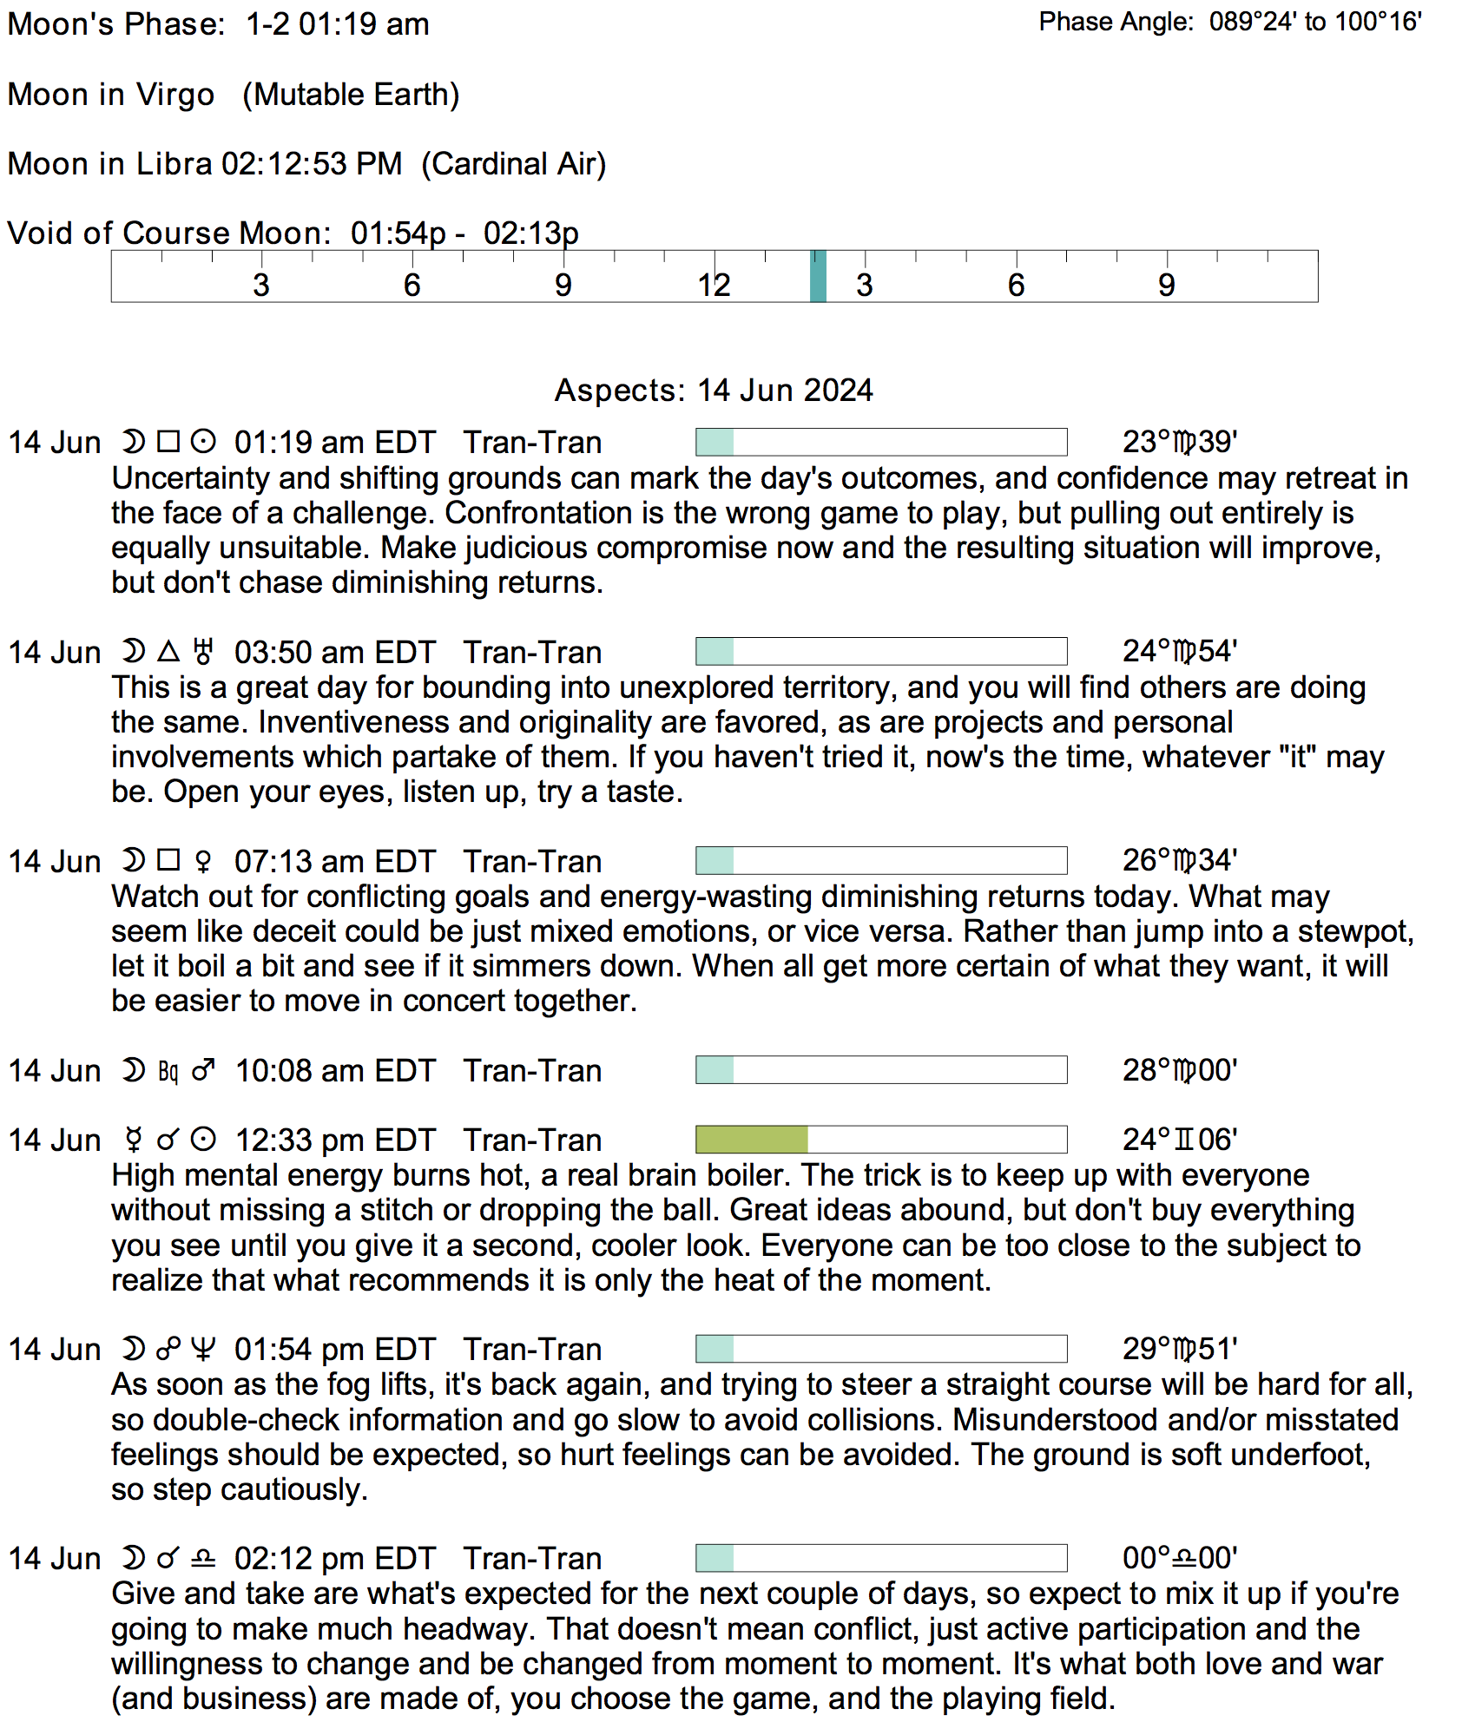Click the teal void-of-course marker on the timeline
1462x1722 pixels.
click(818, 276)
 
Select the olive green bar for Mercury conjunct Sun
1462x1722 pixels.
click(752, 1140)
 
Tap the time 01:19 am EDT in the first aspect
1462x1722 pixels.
click(334, 443)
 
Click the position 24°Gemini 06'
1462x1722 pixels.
click(1180, 1140)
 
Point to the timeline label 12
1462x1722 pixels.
click(714, 285)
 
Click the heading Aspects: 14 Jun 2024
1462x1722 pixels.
click(714, 391)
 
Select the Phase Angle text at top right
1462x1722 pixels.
click(1229, 22)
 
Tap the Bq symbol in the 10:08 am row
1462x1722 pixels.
click(168, 1072)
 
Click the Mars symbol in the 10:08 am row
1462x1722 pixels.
click(203, 1070)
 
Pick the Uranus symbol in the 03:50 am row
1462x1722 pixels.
click(203, 652)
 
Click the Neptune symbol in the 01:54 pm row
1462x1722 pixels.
click(203, 1350)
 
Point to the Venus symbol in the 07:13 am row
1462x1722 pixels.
click(203, 862)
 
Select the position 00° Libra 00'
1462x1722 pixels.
click(1180, 1559)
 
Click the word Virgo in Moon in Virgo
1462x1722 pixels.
click(175, 95)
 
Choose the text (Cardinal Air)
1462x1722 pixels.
click(514, 164)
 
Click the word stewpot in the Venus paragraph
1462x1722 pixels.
click(1355, 932)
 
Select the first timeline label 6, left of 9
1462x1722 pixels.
click(412, 285)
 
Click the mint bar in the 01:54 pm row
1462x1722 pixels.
click(715, 1349)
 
